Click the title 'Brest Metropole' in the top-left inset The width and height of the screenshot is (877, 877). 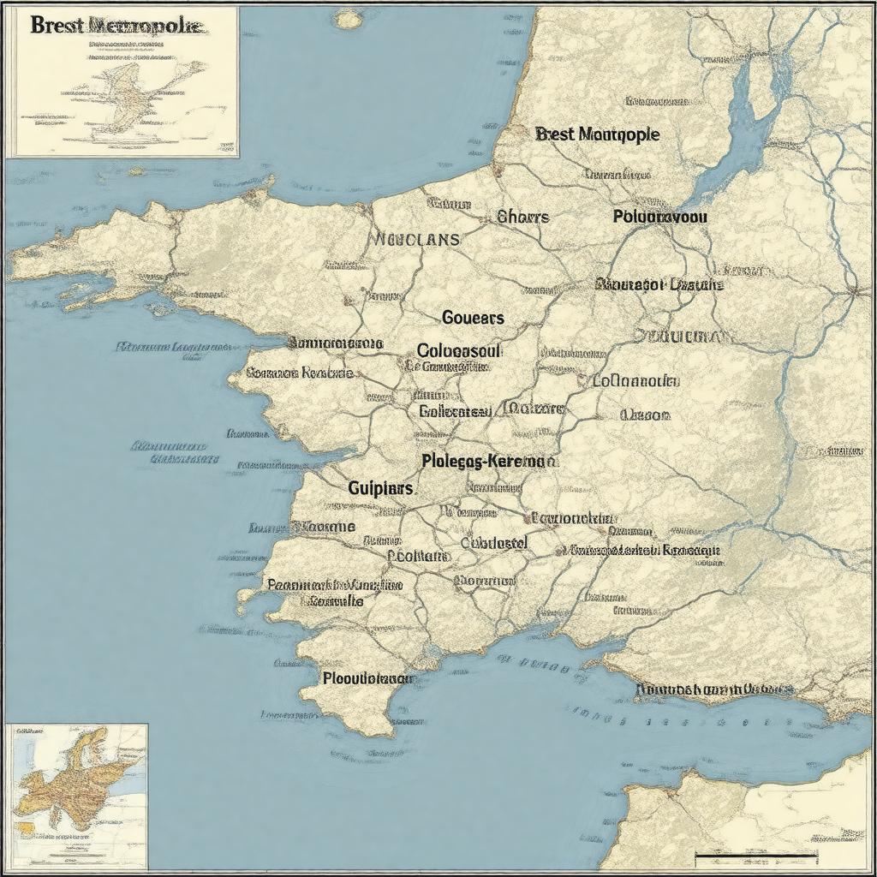[117, 25]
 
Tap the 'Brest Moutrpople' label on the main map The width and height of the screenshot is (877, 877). [597, 134]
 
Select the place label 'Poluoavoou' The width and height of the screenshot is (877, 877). [660, 217]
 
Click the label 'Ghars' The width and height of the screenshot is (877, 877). [522, 217]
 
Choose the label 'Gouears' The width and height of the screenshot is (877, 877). [473, 318]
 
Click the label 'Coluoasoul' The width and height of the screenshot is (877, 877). [459, 350]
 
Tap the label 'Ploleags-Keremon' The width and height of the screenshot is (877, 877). [489, 461]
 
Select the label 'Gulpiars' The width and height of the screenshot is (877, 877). [380, 488]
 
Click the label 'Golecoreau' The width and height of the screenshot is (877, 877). [456, 411]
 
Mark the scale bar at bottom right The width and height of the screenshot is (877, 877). [755, 855]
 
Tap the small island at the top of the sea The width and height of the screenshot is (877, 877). [347, 17]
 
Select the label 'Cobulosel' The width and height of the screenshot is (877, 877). [494, 543]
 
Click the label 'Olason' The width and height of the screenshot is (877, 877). [645, 415]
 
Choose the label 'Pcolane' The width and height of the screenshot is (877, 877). [419, 555]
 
